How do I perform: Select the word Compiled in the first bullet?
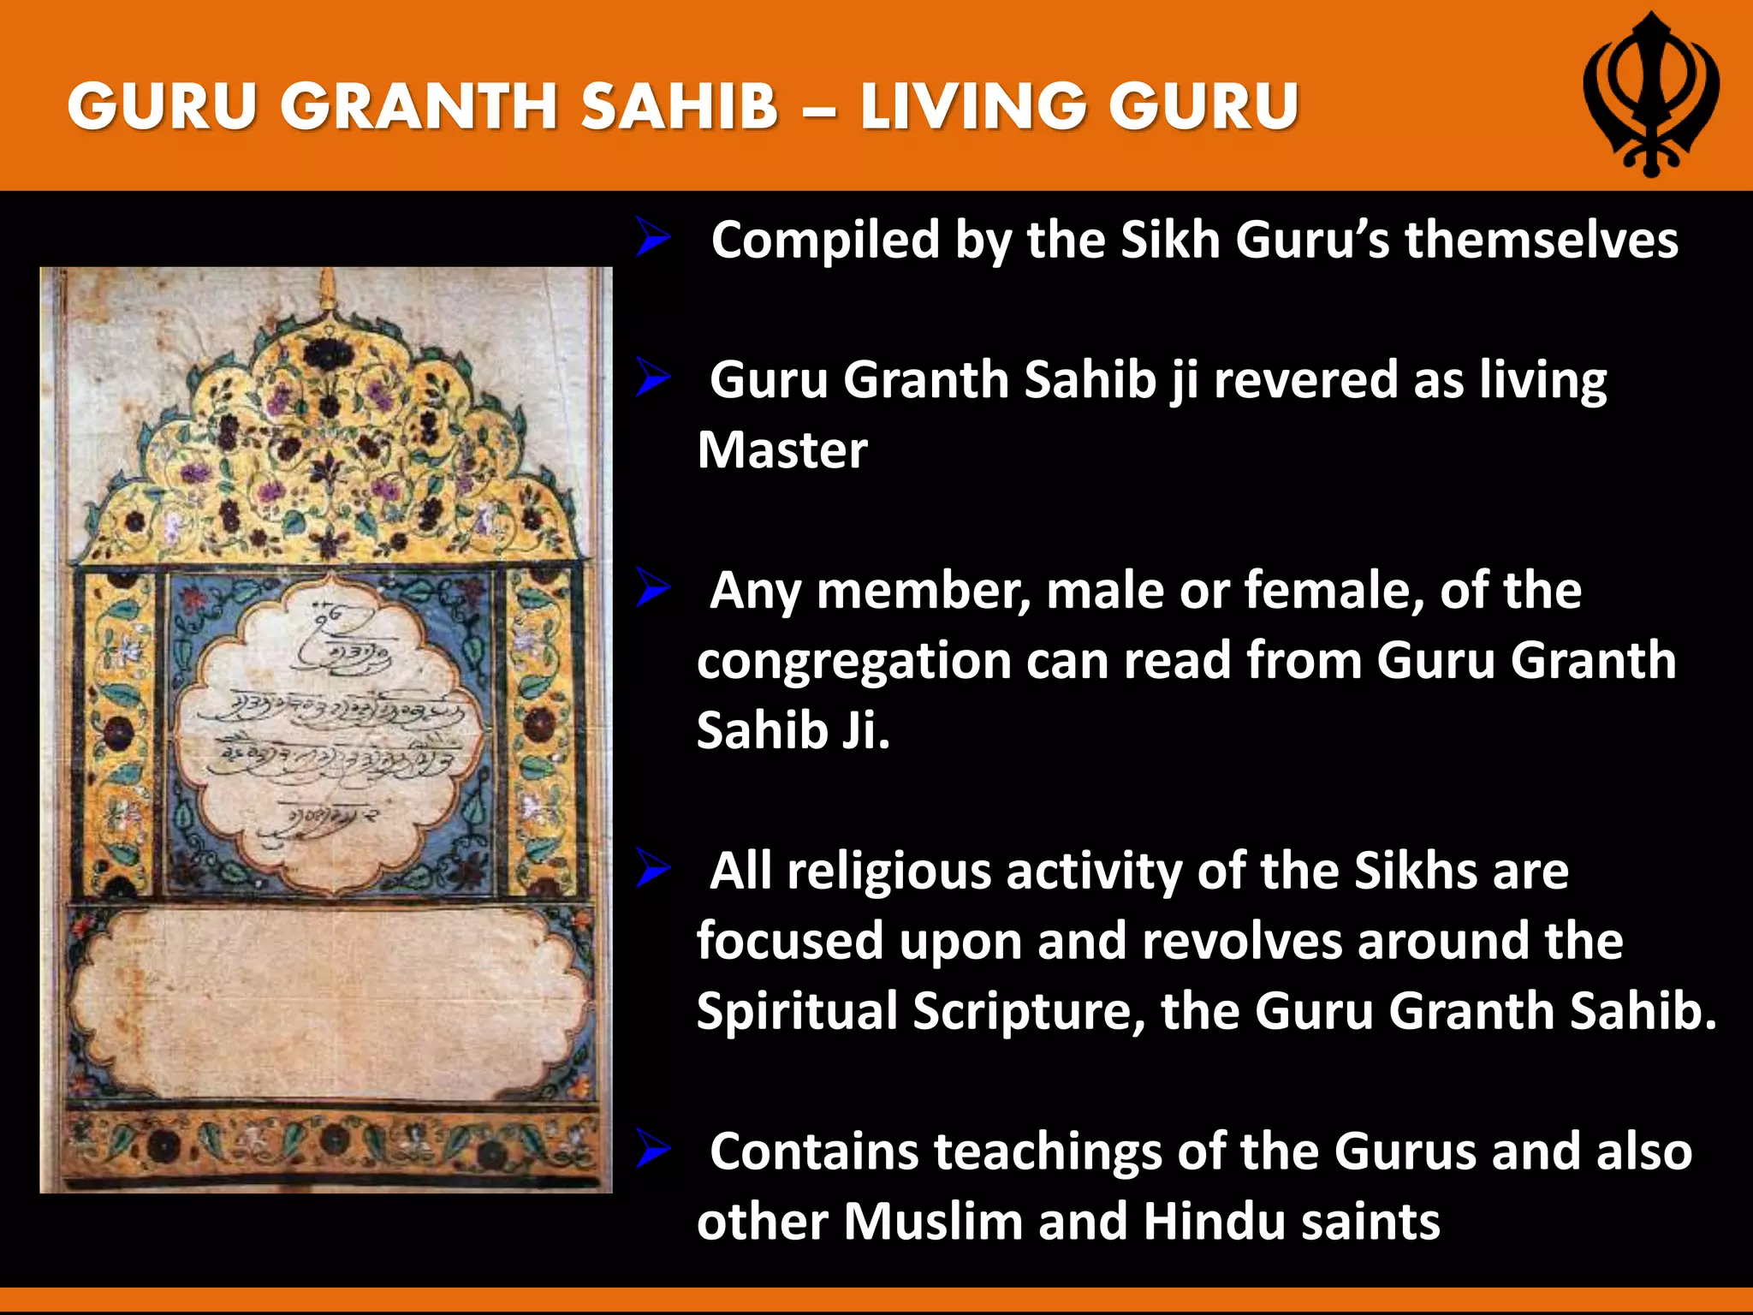tap(825, 240)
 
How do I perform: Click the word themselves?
tap(1541, 240)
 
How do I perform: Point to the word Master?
tap(782, 450)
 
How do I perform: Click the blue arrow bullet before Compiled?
tap(652, 238)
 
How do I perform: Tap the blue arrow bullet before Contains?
tap(652, 1150)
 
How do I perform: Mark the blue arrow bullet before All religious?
tap(652, 869)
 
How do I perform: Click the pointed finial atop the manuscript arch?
tap(326, 291)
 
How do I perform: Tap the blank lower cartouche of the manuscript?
tap(330, 1002)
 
